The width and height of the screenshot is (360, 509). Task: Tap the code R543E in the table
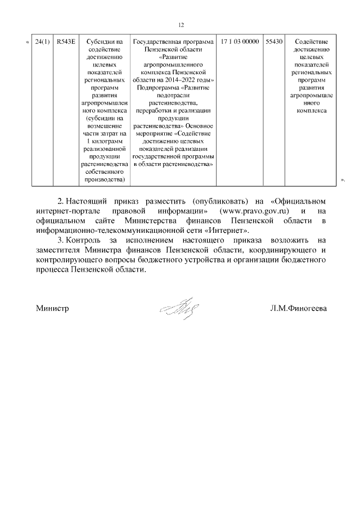[66, 42]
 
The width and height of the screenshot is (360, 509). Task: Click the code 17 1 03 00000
[240, 42]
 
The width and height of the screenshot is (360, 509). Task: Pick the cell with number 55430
[274, 42]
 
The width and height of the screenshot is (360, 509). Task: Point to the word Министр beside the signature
[52, 309]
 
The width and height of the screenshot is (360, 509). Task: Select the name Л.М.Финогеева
[298, 309]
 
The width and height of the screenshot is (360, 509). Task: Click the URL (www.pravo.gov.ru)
[251, 210]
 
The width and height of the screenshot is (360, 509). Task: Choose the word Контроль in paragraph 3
[84, 241]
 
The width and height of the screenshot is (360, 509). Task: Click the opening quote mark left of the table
[28, 42]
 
